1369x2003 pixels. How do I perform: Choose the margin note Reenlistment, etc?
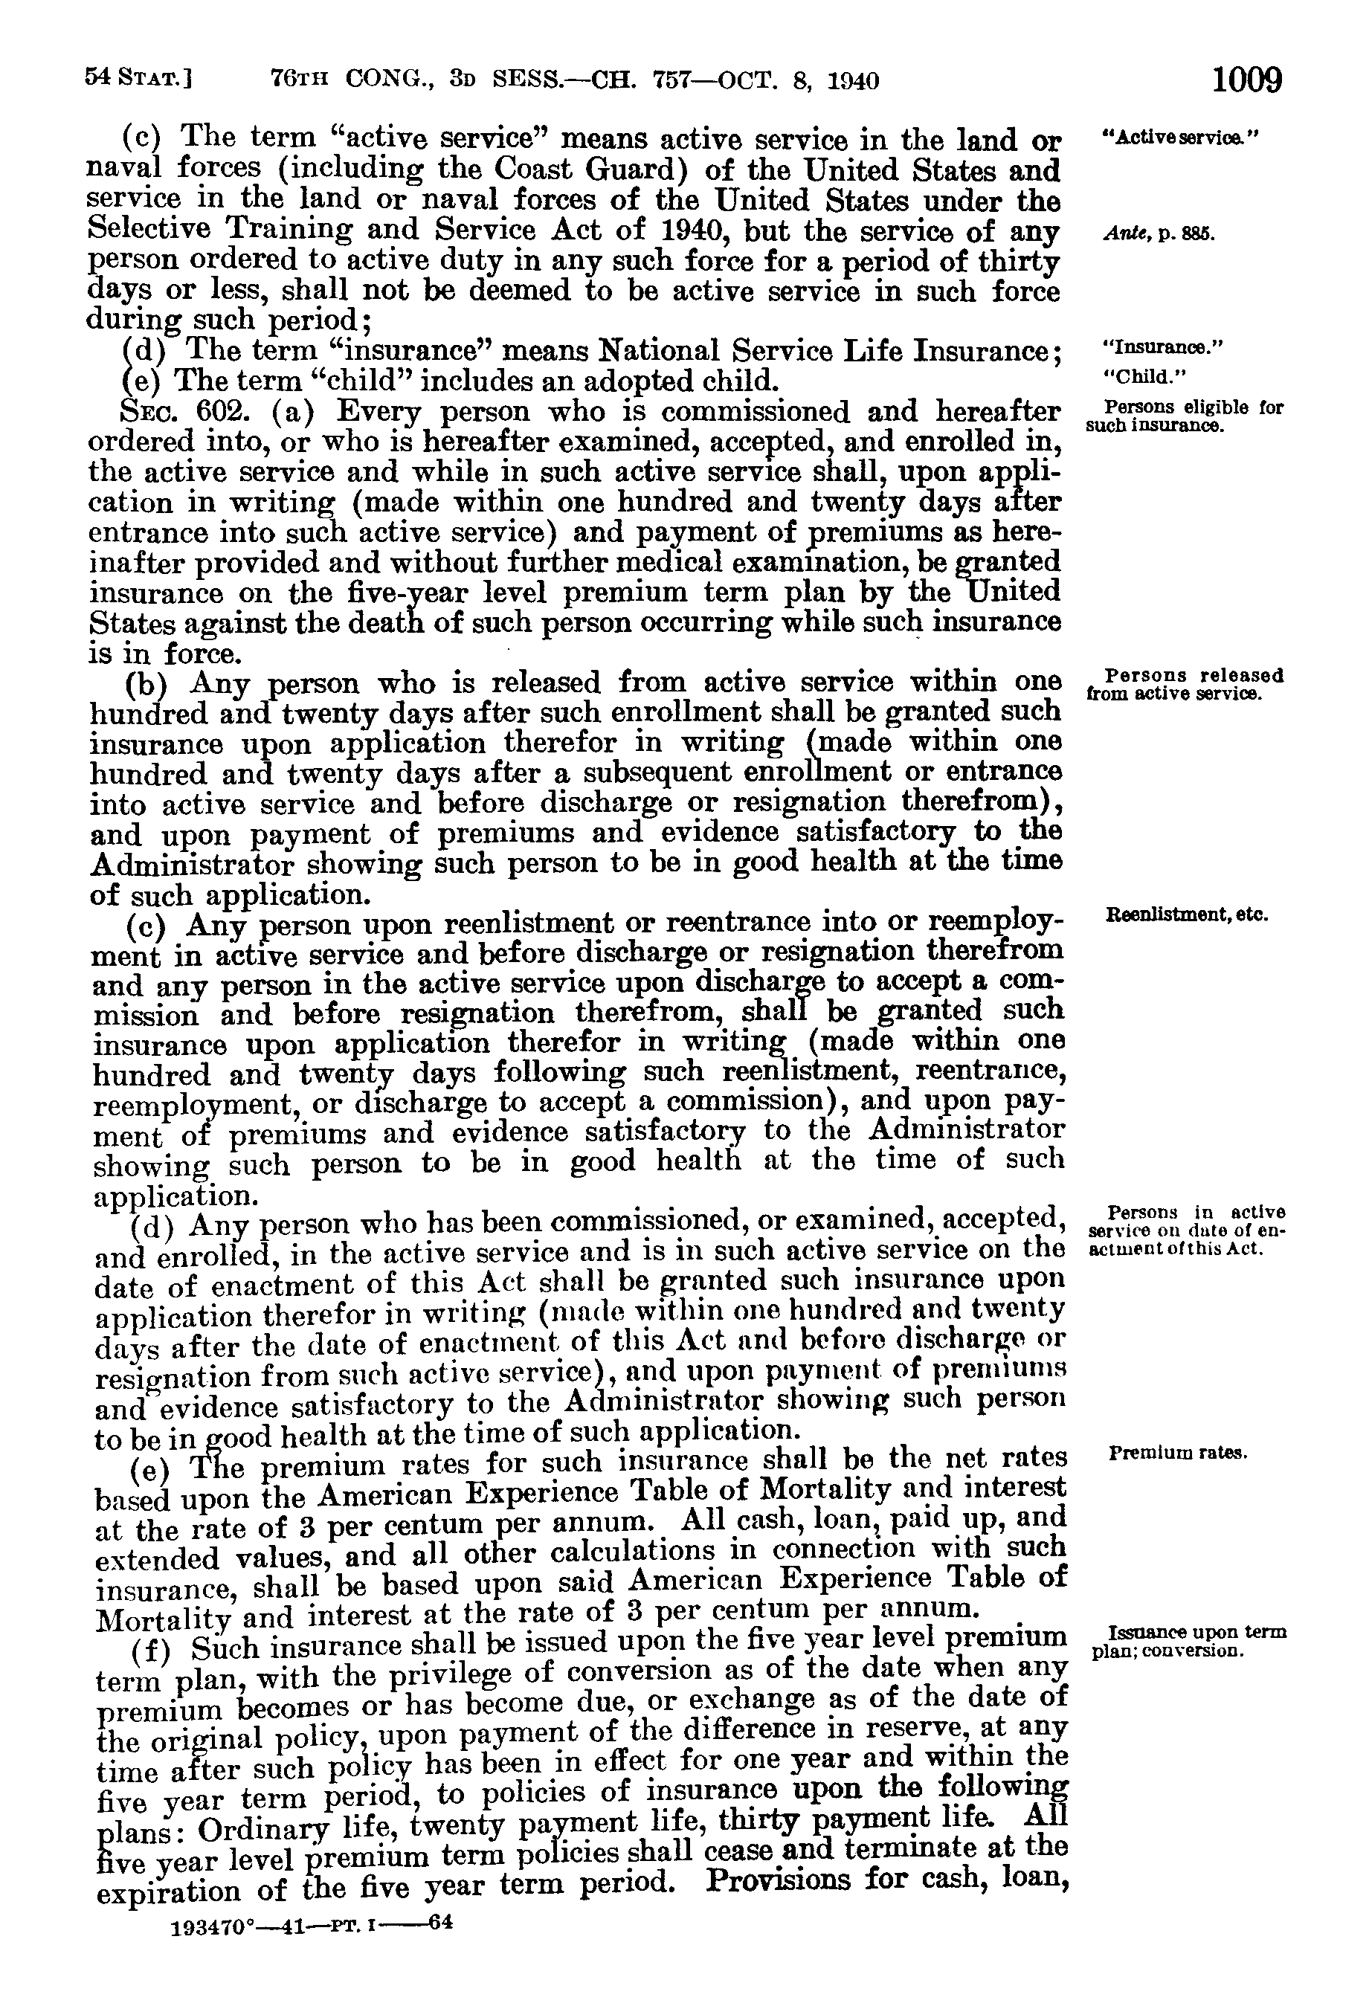pyautogui.click(x=1186, y=915)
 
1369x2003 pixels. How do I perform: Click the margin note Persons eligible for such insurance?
pyautogui.click(x=1185, y=416)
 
